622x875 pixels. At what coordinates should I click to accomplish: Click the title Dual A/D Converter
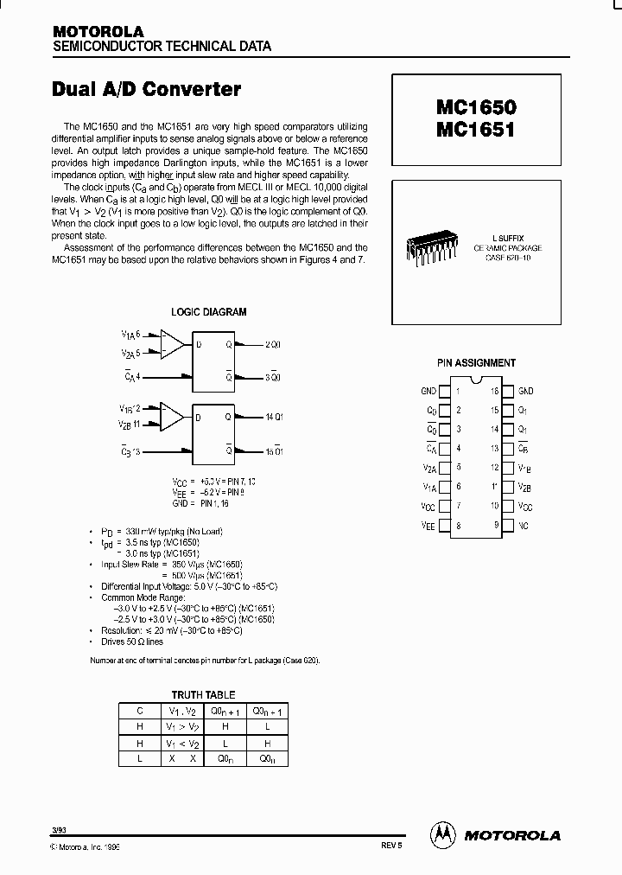point(147,89)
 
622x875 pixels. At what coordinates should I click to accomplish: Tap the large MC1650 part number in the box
point(475,109)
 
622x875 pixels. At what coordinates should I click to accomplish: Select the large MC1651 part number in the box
point(475,131)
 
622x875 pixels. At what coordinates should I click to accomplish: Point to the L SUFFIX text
point(508,237)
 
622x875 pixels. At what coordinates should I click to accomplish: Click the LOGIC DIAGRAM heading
point(209,312)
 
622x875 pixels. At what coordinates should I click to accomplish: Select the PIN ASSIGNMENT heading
point(477,363)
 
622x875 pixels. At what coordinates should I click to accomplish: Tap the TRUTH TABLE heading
point(203,695)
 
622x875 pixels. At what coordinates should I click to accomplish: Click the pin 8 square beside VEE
point(445,525)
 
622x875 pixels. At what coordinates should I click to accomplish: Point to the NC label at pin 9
point(524,525)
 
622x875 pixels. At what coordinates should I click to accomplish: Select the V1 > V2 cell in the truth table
point(182,726)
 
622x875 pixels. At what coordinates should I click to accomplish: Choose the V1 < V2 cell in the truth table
point(182,743)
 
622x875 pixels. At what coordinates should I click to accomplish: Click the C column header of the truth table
point(139,710)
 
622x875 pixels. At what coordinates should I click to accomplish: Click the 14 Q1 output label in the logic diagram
point(274,417)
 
